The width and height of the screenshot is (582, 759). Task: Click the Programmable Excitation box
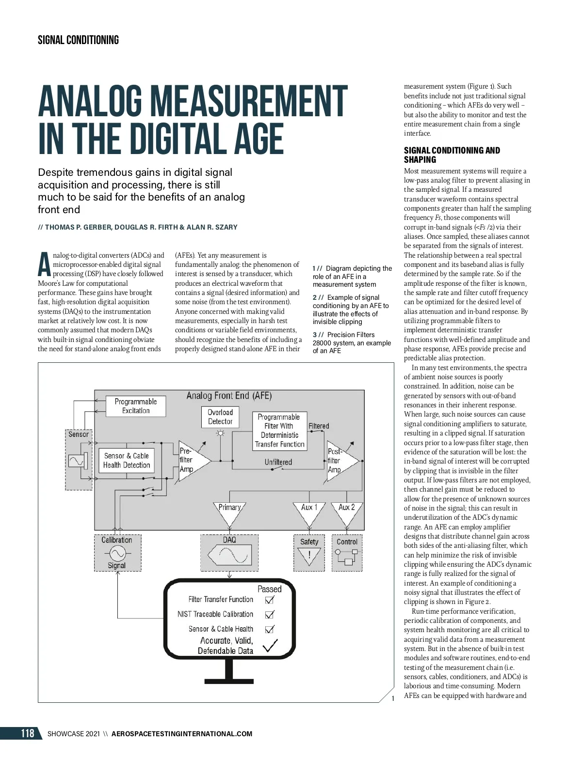coord(136,406)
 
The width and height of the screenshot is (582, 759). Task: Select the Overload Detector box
coord(220,417)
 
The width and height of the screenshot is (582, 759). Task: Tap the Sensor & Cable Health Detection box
coord(127,460)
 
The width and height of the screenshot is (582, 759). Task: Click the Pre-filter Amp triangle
coord(192,461)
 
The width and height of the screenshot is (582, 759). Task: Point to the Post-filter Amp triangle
coord(340,461)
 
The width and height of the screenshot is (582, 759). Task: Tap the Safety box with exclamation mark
coord(309,553)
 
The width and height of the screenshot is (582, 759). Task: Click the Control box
coord(347,553)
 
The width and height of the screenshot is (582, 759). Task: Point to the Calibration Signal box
coord(117,553)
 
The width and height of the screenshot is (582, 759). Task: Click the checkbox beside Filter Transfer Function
coord(270,600)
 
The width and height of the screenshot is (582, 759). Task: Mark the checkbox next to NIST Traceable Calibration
coord(270,614)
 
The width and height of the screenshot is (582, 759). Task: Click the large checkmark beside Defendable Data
coord(270,646)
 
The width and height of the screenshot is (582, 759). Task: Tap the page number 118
coord(28,733)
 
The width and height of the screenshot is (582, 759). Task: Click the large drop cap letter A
coord(44,264)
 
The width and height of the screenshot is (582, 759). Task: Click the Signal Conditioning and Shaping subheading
coord(452,155)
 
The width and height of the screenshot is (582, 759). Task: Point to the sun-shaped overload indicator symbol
coord(221,433)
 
